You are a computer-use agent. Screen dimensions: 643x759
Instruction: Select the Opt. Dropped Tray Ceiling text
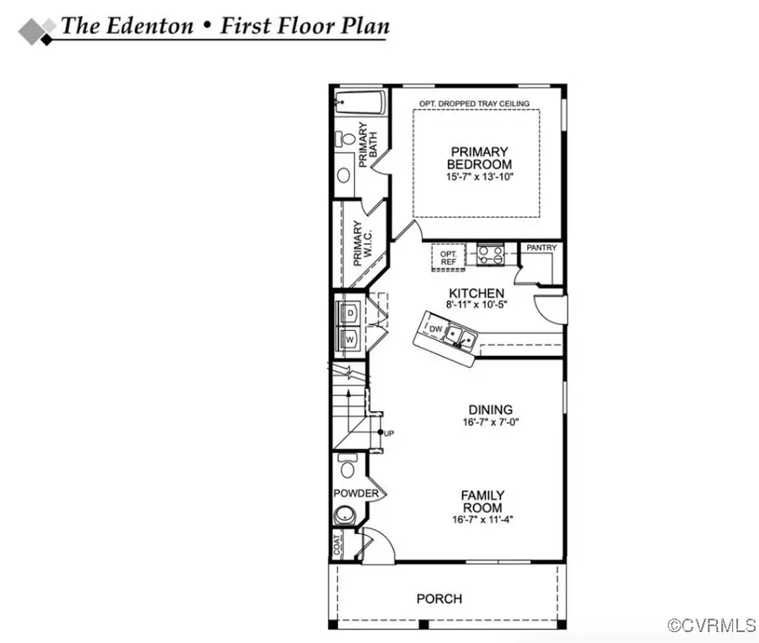pyautogui.click(x=475, y=104)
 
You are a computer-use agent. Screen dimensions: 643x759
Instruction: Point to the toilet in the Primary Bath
pyautogui.click(x=345, y=139)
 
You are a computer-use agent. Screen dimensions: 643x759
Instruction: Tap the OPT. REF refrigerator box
pyautogui.click(x=449, y=257)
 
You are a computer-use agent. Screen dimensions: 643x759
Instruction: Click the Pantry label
pyautogui.click(x=541, y=248)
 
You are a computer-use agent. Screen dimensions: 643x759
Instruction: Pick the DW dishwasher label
pyautogui.click(x=436, y=328)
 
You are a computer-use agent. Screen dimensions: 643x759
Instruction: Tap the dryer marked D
pyautogui.click(x=350, y=313)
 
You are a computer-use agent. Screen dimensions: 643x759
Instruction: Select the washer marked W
pyautogui.click(x=350, y=338)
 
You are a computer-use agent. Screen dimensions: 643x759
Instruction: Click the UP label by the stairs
pyautogui.click(x=389, y=433)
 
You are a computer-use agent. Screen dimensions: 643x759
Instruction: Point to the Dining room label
pyautogui.click(x=476, y=406)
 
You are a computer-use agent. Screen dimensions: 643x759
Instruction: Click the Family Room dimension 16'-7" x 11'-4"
pyautogui.click(x=482, y=520)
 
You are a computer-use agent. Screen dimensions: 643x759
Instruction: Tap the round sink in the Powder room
pyautogui.click(x=344, y=514)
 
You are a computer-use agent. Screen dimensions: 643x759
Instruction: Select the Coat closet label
pyautogui.click(x=338, y=547)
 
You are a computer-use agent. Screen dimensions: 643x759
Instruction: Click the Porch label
pyautogui.click(x=439, y=599)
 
